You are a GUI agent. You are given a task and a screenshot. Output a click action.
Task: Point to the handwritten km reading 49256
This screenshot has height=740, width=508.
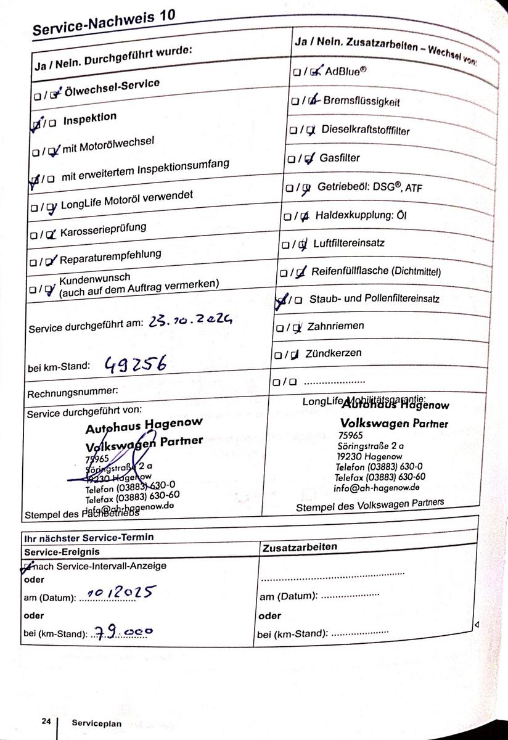135,364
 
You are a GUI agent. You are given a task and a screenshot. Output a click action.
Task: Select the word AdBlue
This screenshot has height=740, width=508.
346,70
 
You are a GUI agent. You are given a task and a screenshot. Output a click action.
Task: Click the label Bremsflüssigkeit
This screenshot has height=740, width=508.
361,102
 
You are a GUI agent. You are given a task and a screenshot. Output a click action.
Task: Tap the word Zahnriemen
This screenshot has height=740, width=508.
335,326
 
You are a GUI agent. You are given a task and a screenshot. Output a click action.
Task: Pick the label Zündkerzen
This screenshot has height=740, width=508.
334,353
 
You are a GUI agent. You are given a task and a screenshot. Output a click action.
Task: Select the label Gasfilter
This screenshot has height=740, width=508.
340,158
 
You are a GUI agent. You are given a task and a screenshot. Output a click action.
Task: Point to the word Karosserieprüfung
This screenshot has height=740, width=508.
103,230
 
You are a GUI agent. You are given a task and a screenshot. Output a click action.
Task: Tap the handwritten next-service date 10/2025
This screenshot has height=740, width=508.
120,594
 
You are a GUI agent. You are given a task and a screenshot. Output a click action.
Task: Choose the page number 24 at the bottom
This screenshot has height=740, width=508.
46,721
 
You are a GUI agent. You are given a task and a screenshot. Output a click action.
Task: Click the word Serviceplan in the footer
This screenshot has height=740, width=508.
92,722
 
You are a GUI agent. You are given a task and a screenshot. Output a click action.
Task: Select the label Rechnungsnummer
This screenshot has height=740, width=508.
73,391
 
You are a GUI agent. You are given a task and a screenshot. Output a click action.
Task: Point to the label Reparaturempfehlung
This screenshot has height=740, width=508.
110,255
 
